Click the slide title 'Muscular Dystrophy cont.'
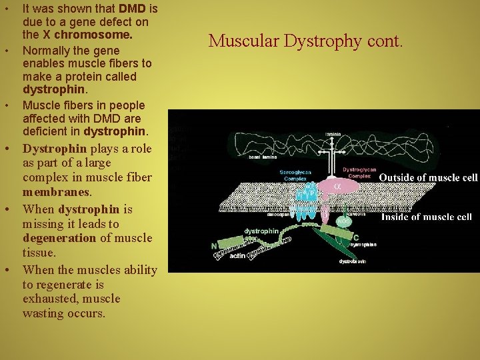coord(306,41)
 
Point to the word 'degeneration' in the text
coord(59,238)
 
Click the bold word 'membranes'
coord(56,192)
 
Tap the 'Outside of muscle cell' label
coord(428,177)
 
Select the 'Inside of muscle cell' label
coord(427,217)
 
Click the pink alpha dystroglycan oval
coord(337,187)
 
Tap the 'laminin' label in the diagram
coord(334,135)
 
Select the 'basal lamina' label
coord(263,158)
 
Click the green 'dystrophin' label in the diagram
coord(261,231)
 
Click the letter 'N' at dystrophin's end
coord(214,245)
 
